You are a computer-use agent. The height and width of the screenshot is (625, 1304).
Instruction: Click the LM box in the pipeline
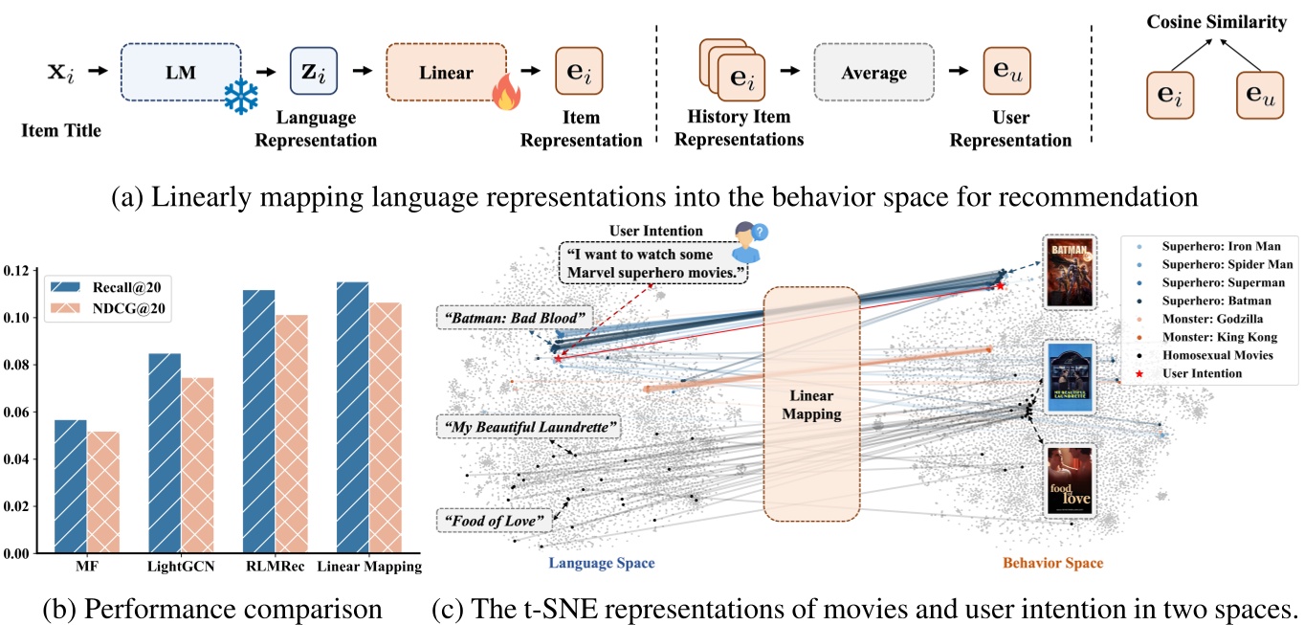[174, 72]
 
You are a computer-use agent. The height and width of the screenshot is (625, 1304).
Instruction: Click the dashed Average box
[873, 73]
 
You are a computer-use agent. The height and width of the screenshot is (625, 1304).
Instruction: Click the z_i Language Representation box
[313, 72]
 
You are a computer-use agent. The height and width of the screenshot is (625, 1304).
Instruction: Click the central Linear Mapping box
[810, 405]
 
